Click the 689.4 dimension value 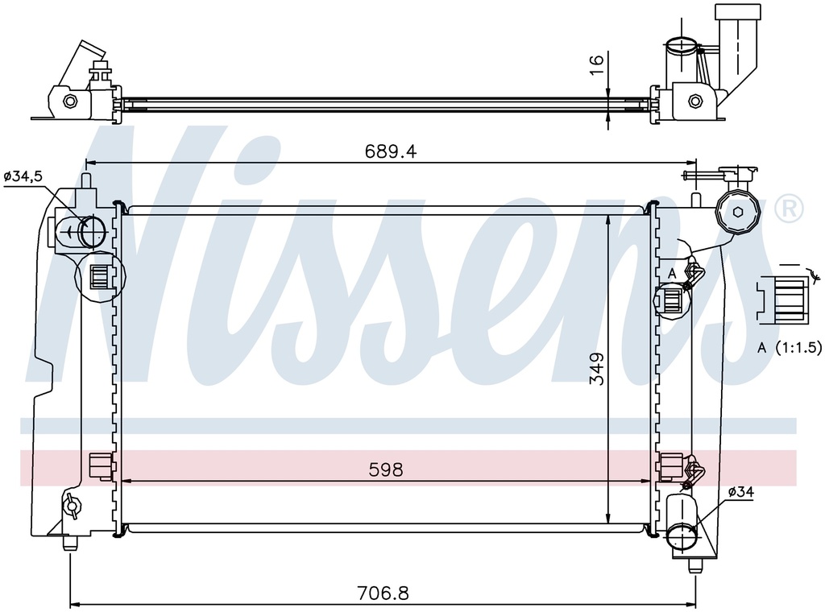tap(391, 151)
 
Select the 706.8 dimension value tap(383, 593)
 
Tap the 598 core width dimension tap(386, 469)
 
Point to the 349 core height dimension tap(597, 369)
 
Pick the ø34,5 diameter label tap(23, 176)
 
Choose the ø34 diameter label tap(741, 492)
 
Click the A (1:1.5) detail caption tap(790, 348)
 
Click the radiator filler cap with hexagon tap(738, 213)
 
